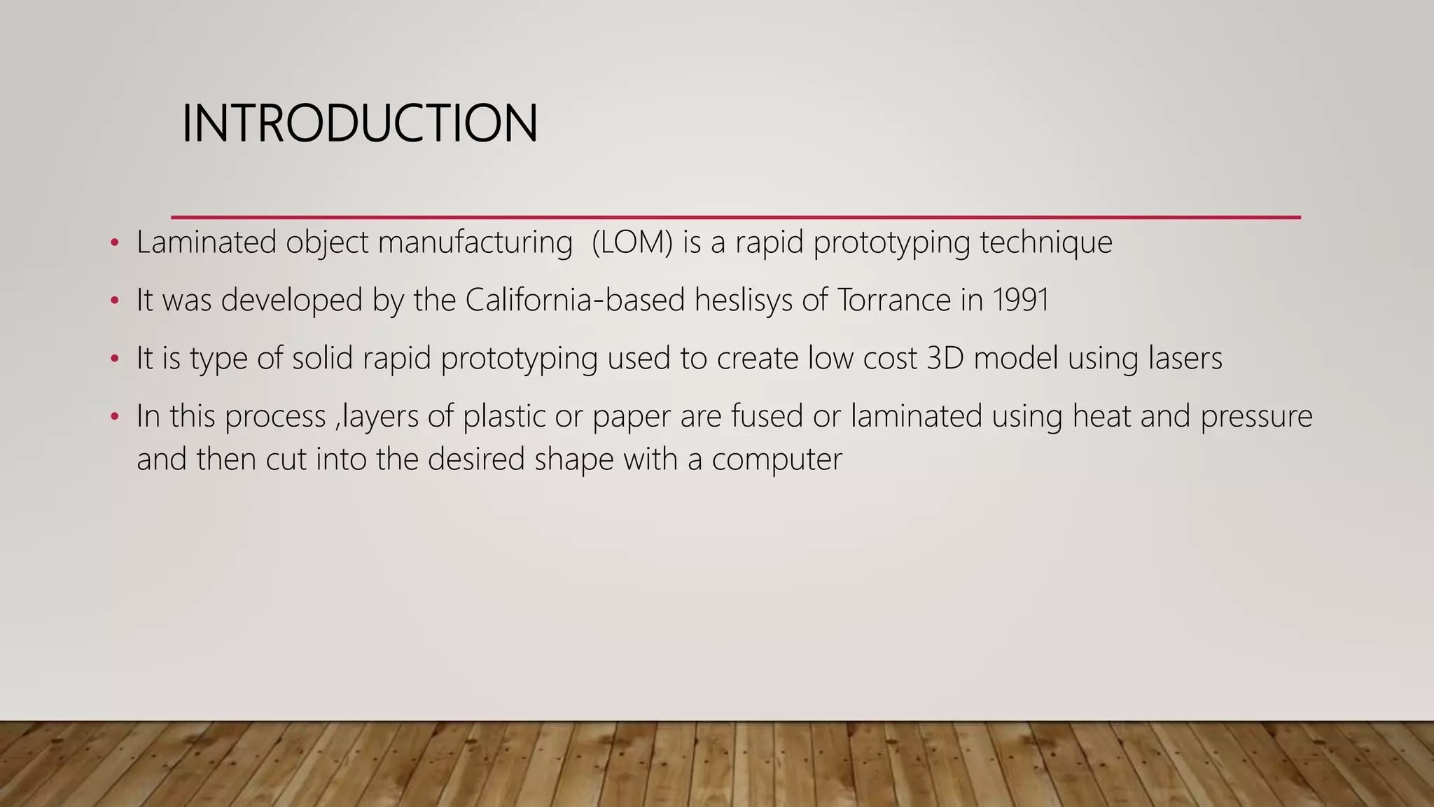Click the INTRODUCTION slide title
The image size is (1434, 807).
tap(359, 124)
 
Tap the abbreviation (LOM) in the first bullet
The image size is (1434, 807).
tap(632, 242)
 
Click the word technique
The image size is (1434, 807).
tap(1046, 242)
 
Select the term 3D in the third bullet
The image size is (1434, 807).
tap(945, 358)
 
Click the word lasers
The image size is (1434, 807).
tap(1185, 358)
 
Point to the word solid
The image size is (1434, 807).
tap(322, 358)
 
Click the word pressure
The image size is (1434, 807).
tap(1256, 416)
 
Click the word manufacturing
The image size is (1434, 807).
tap(475, 242)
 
